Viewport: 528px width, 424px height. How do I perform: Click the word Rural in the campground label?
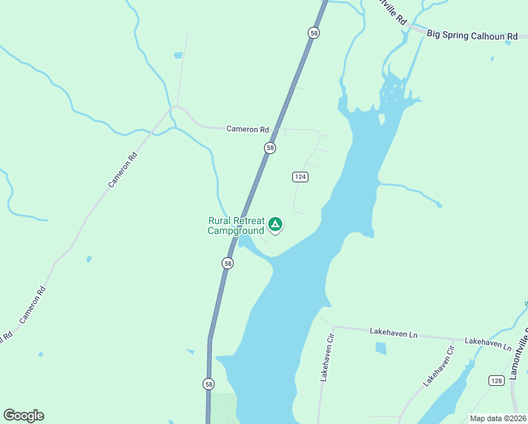click(222, 221)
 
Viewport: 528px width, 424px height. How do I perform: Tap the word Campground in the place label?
click(236, 230)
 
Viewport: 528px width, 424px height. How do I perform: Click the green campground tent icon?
click(275, 225)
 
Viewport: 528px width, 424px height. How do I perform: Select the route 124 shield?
click(299, 176)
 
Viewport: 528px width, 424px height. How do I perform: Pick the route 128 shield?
click(496, 381)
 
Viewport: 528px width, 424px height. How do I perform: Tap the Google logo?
click(23, 416)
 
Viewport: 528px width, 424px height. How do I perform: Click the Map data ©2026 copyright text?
click(497, 418)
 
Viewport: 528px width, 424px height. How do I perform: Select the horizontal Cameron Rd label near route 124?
click(248, 129)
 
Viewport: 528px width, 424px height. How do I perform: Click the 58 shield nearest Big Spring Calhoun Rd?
click(313, 33)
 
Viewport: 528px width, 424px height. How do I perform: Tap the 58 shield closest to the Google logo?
click(208, 384)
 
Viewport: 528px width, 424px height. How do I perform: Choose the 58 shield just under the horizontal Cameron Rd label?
click(270, 148)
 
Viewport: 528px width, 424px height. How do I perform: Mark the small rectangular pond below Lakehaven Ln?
click(381, 348)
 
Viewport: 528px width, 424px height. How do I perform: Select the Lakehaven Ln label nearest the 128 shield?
click(488, 343)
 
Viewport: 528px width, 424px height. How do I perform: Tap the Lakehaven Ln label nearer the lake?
click(389, 331)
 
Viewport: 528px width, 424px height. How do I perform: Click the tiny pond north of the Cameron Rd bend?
click(178, 55)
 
